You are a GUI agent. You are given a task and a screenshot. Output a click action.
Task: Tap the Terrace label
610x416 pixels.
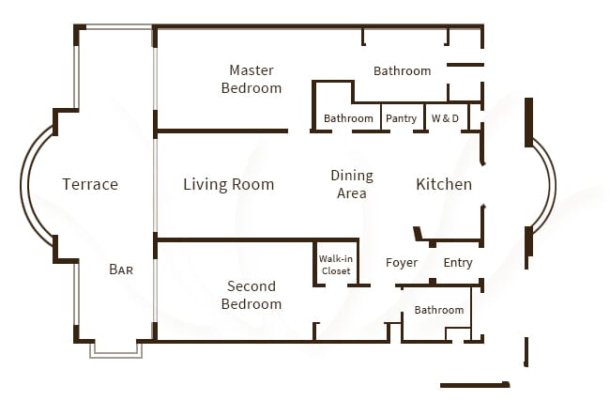(x=90, y=184)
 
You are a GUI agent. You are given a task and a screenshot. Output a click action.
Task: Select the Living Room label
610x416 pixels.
(x=228, y=184)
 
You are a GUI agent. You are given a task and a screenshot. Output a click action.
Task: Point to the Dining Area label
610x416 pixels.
(x=352, y=184)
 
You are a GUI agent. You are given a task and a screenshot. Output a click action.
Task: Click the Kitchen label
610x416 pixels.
(x=444, y=184)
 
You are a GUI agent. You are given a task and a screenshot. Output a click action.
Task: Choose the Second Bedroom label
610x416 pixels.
(x=251, y=295)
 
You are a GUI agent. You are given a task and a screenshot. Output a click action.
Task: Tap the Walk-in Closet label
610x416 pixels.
(x=335, y=264)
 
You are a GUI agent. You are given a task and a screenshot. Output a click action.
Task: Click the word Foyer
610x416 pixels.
(x=402, y=263)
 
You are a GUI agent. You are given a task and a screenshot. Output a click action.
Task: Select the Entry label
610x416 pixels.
(x=458, y=263)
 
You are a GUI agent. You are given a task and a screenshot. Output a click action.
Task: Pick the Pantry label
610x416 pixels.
(x=401, y=118)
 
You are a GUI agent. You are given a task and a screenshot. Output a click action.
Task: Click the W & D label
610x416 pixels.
(x=445, y=118)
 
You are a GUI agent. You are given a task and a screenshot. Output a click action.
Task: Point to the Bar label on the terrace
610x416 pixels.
(x=121, y=270)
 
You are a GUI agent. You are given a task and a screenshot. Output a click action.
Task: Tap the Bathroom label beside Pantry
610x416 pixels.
(x=348, y=118)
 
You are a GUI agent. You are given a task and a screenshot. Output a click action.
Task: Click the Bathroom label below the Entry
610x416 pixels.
(x=439, y=310)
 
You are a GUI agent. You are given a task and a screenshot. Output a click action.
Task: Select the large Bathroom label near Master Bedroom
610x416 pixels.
(x=402, y=70)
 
